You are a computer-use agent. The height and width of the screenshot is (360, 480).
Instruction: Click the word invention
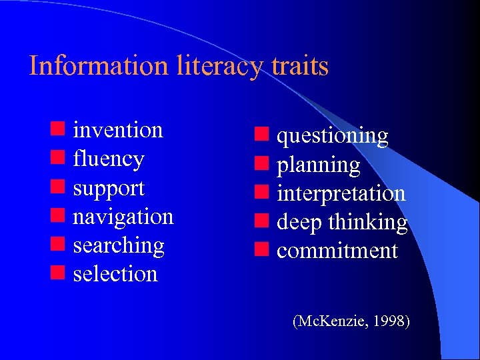coord(118,129)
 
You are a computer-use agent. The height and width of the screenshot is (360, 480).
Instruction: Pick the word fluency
coord(109,159)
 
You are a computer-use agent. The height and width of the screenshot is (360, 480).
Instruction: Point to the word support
coord(109,189)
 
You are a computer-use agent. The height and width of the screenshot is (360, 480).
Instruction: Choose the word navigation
coord(123,217)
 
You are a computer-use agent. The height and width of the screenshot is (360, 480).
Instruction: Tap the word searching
coord(119,245)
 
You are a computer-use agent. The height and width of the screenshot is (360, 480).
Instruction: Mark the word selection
coord(115,273)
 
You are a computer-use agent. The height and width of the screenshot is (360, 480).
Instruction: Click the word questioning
coord(332,136)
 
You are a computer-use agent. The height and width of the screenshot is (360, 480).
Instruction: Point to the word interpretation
coord(341,193)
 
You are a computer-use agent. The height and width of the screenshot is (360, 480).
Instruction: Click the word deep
coord(299,223)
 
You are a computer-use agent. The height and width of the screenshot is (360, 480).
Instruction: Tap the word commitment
coord(337,251)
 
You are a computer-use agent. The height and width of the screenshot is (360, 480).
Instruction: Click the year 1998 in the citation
coord(391,321)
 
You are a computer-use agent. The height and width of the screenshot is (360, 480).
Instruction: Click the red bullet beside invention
coord(57,129)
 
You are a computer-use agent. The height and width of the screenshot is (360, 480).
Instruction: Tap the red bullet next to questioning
coord(261,136)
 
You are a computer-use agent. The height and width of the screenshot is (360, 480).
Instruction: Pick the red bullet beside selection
coord(57,273)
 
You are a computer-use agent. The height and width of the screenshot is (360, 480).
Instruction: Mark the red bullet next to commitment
coord(261,251)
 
